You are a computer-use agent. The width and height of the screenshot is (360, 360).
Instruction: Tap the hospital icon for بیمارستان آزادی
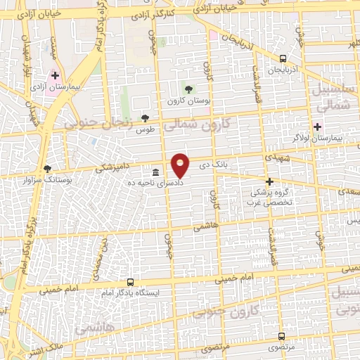point(55,75)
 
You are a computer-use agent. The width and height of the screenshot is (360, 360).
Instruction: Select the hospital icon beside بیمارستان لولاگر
point(317,127)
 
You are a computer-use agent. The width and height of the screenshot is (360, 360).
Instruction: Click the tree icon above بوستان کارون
point(188,89)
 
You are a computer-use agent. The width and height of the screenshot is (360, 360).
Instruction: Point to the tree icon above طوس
point(145,118)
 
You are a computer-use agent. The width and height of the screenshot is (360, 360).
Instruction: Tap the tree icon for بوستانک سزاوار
point(47,169)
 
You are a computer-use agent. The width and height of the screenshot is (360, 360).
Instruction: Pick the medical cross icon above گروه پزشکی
point(269,181)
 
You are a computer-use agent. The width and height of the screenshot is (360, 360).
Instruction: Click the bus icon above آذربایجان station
point(283,59)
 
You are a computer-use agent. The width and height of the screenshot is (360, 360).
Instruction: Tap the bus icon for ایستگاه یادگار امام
point(129,281)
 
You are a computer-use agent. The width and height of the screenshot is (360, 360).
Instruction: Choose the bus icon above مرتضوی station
point(281,337)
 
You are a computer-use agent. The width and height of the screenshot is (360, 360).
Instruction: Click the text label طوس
point(145,130)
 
